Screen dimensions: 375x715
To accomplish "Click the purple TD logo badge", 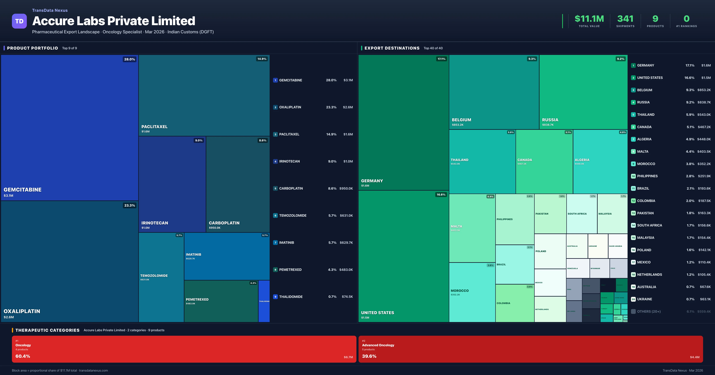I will [x=19, y=21].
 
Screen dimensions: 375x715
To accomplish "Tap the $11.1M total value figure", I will [x=589, y=19].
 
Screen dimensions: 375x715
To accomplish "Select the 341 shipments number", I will [x=625, y=19].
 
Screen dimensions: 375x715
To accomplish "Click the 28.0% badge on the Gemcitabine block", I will [x=129, y=59].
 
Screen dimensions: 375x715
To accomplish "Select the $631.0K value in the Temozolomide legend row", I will [x=346, y=215].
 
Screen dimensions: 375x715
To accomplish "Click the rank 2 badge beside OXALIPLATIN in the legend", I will [x=275, y=107].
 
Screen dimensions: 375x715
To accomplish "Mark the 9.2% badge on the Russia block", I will [x=620, y=59].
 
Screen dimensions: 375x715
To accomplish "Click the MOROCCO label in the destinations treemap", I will [x=459, y=291].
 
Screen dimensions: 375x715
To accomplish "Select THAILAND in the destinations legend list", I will [x=646, y=115].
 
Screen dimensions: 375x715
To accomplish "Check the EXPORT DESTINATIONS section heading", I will [x=392, y=48].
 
